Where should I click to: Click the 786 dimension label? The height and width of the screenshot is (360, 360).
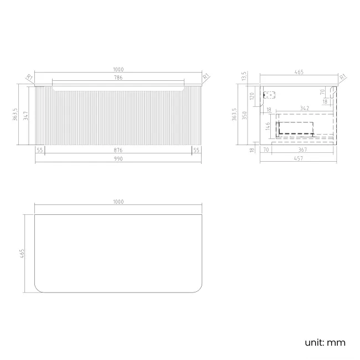(x=118, y=78)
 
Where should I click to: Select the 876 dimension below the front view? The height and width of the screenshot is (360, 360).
(x=118, y=150)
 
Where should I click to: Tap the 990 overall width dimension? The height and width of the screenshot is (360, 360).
(x=118, y=158)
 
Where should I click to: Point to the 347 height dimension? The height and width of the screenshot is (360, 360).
(x=25, y=116)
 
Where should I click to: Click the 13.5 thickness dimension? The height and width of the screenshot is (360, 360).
(x=244, y=76)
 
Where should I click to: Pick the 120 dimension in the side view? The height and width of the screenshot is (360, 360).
(x=252, y=96)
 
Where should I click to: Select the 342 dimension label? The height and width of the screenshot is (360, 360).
(x=305, y=108)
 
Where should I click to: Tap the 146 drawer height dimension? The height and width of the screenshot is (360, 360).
(x=268, y=126)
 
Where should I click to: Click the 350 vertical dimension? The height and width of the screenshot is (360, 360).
(x=245, y=115)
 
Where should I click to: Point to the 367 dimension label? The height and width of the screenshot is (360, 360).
(x=302, y=150)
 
